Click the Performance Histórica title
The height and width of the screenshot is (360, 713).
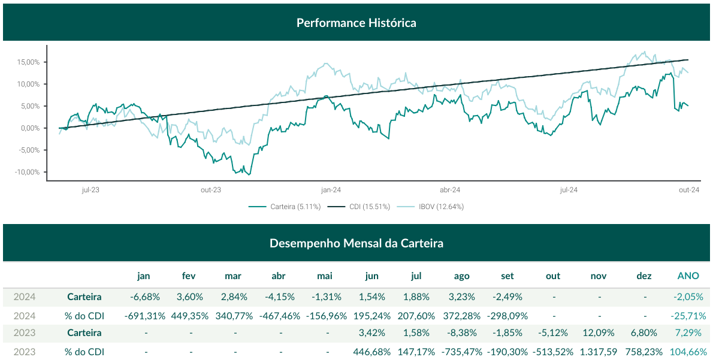(x=356, y=23)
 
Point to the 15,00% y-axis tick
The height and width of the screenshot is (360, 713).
(x=28, y=62)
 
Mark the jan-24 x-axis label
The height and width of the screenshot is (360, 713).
(x=331, y=190)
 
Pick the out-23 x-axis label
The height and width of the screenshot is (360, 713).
(x=211, y=190)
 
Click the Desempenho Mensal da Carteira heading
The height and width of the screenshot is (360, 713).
(x=356, y=243)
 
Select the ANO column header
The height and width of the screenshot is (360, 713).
(x=688, y=276)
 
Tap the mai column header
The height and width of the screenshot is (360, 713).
(x=324, y=276)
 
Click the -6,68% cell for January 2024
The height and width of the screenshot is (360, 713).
(x=144, y=297)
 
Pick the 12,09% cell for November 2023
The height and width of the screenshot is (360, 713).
(x=598, y=332)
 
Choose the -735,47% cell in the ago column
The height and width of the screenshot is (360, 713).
(x=461, y=351)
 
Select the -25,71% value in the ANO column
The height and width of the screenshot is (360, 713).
(x=688, y=315)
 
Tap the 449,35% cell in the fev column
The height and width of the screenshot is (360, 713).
(x=189, y=315)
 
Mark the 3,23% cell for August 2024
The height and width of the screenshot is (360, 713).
(x=461, y=297)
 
